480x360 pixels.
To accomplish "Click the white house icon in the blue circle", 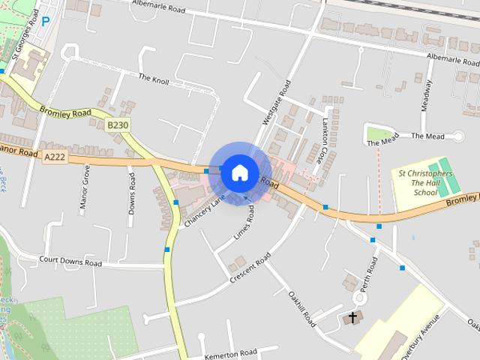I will [x=240, y=172].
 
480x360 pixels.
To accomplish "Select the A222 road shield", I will [x=55, y=156].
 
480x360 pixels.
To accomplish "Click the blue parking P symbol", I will [x=46, y=22].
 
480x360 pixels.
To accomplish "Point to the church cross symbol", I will [x=352, y=318].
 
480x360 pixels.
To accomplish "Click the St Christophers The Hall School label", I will [x=425, y=183].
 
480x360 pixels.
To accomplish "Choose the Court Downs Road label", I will [x=70, y=263].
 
